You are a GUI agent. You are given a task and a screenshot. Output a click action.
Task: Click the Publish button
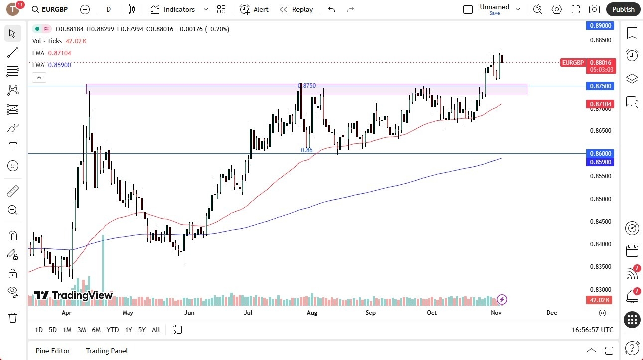coord(623,9)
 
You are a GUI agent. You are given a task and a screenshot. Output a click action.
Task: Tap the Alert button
coord(254,9)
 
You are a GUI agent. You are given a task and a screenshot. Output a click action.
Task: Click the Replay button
coord(296,9)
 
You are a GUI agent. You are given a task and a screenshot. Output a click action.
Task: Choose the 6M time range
coord(96,330)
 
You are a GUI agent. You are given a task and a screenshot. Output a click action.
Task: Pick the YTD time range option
coord(113,330)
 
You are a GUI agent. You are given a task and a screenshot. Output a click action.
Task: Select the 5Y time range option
coord(142,330)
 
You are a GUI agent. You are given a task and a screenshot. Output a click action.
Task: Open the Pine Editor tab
coord(53,351)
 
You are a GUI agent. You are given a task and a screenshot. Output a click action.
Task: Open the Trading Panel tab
coord(107,351)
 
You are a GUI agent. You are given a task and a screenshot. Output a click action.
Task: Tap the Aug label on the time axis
coord(312,313)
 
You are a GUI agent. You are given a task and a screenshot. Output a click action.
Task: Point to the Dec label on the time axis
coord(551,313)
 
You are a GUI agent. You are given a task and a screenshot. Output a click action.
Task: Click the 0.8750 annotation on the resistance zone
coord(307,86)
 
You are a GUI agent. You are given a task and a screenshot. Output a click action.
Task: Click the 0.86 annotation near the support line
coord(307,150)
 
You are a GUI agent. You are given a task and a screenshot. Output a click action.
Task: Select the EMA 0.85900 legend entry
coord(52,65)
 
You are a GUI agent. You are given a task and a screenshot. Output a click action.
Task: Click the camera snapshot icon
coord(594,9)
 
